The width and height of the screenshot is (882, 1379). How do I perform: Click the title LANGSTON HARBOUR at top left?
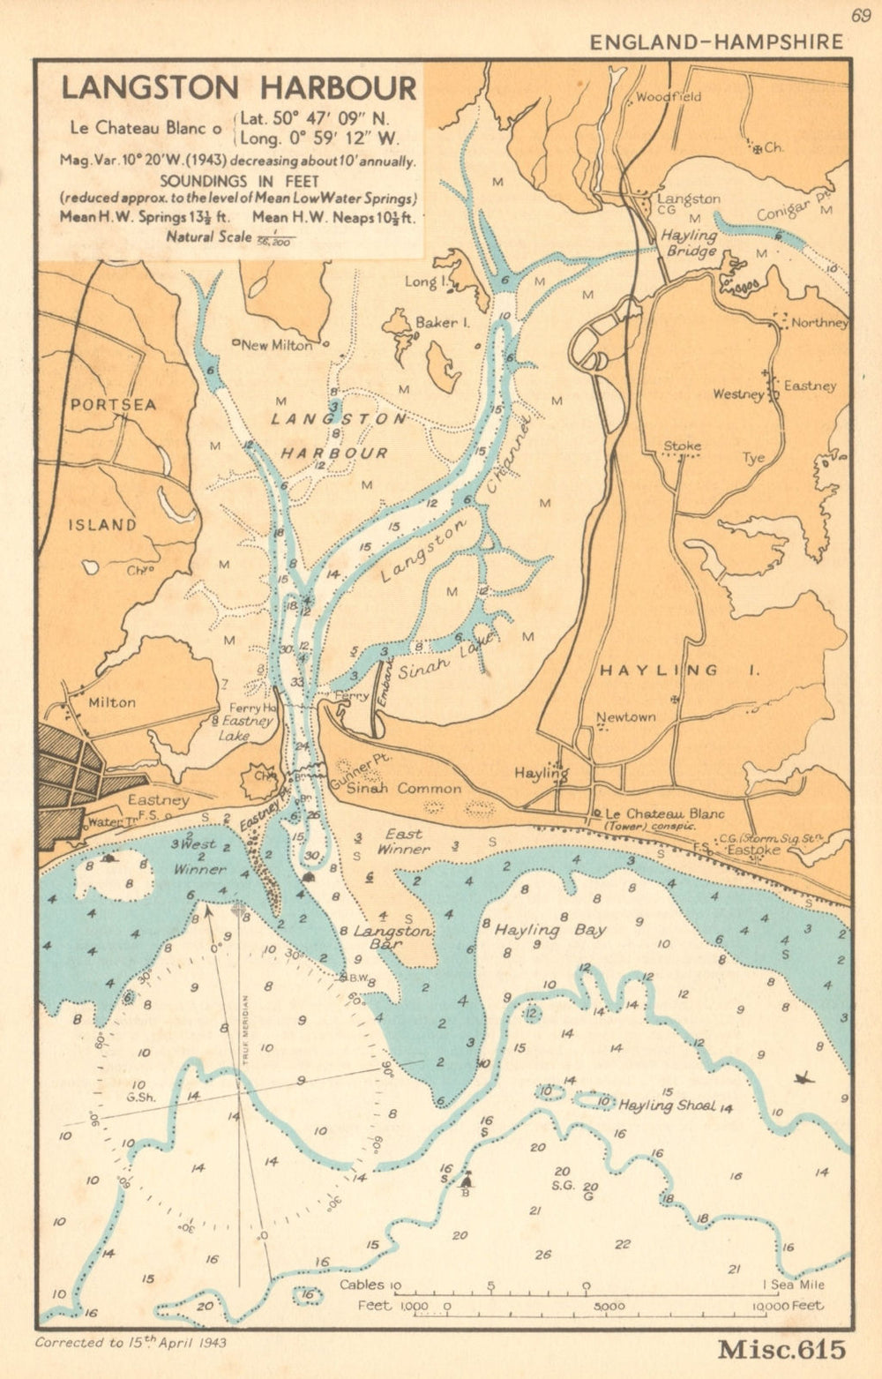[x=238, y=89]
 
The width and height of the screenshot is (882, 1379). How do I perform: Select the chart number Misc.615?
[x=781, y=1349]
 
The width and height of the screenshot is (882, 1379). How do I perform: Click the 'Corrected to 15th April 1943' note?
[x=131, y=1342]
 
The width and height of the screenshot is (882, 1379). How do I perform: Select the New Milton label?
[x=276, y=345]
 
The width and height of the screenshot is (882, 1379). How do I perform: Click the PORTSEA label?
[x=113, y=405]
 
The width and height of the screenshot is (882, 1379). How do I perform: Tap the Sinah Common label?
[x=404, y=788]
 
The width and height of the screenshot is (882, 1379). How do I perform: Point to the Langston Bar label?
[x=392, y=937]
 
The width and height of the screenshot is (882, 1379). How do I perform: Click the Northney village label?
[x=818, y=323]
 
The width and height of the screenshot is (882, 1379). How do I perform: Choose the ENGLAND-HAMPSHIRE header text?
[x=715, y=41]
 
